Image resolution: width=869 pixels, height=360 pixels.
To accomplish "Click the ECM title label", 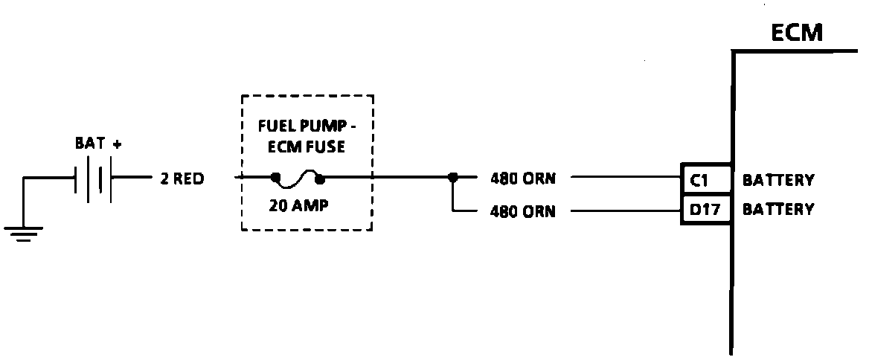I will pyautogui.click(x=797, y=33).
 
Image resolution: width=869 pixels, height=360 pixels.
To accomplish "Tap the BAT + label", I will pyautogui.click(x=97, y=144).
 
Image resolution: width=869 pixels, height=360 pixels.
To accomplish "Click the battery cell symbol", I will pyautogui.click(x=94, y=179).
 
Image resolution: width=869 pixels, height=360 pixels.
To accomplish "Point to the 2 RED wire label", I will pyautogui.click(x=182, y=179).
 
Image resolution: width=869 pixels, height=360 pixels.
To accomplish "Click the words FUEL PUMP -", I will pyautogui.click(x=307, y=124).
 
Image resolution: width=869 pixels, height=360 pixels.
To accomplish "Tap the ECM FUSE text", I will pyautogui.click(x=307, y=147).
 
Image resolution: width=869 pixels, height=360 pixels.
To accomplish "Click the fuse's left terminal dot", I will pyautogui.click(x=275, y=179).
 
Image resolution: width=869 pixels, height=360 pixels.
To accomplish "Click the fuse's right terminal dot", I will pyautogui.click(x=321, y=179).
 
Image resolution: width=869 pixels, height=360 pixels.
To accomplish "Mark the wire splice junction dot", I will pyautogui.click(x=452, y=179).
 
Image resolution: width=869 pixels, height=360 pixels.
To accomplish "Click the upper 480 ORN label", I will pyautogui.click(x=522, y=179).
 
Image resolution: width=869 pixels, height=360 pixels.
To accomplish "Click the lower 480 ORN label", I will pyautogui.click(x=522, y=211).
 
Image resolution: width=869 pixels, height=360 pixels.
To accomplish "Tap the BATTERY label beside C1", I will pyautogui.click(x=778, y=180).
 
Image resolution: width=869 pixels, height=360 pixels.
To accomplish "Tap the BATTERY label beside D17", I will pyautogui.click(x=778, y=210).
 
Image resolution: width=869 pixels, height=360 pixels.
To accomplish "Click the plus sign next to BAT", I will pyautogui.click(x=117, y=144).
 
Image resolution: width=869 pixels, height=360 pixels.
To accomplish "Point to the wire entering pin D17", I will pyautogui.click(x=625, y=210).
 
